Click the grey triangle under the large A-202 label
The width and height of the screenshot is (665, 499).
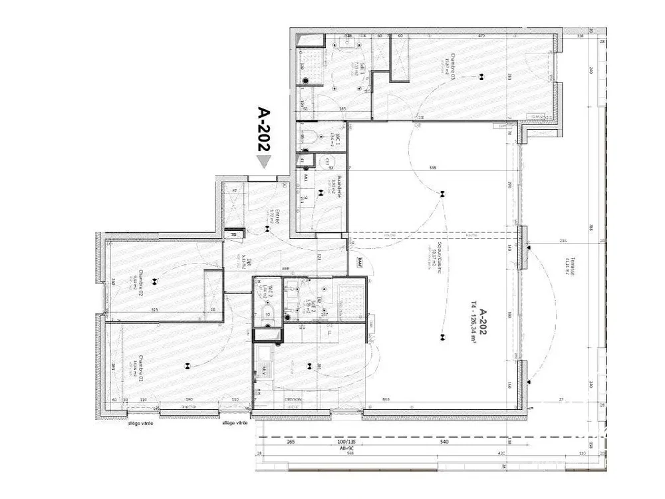pyautogui.click(x=264, y=162)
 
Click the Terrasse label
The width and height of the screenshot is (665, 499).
pyautogui.click(x=570, y=267)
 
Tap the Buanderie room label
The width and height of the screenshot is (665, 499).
pyautogui.click(x=338, y=186)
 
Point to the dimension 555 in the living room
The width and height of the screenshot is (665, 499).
pyautogui.click(x=434, y=168)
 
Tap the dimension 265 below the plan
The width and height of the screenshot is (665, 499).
pyautogui.click(x=291, y=442)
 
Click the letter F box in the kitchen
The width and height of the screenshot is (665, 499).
pyautogui.click(x=329, y=331)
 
